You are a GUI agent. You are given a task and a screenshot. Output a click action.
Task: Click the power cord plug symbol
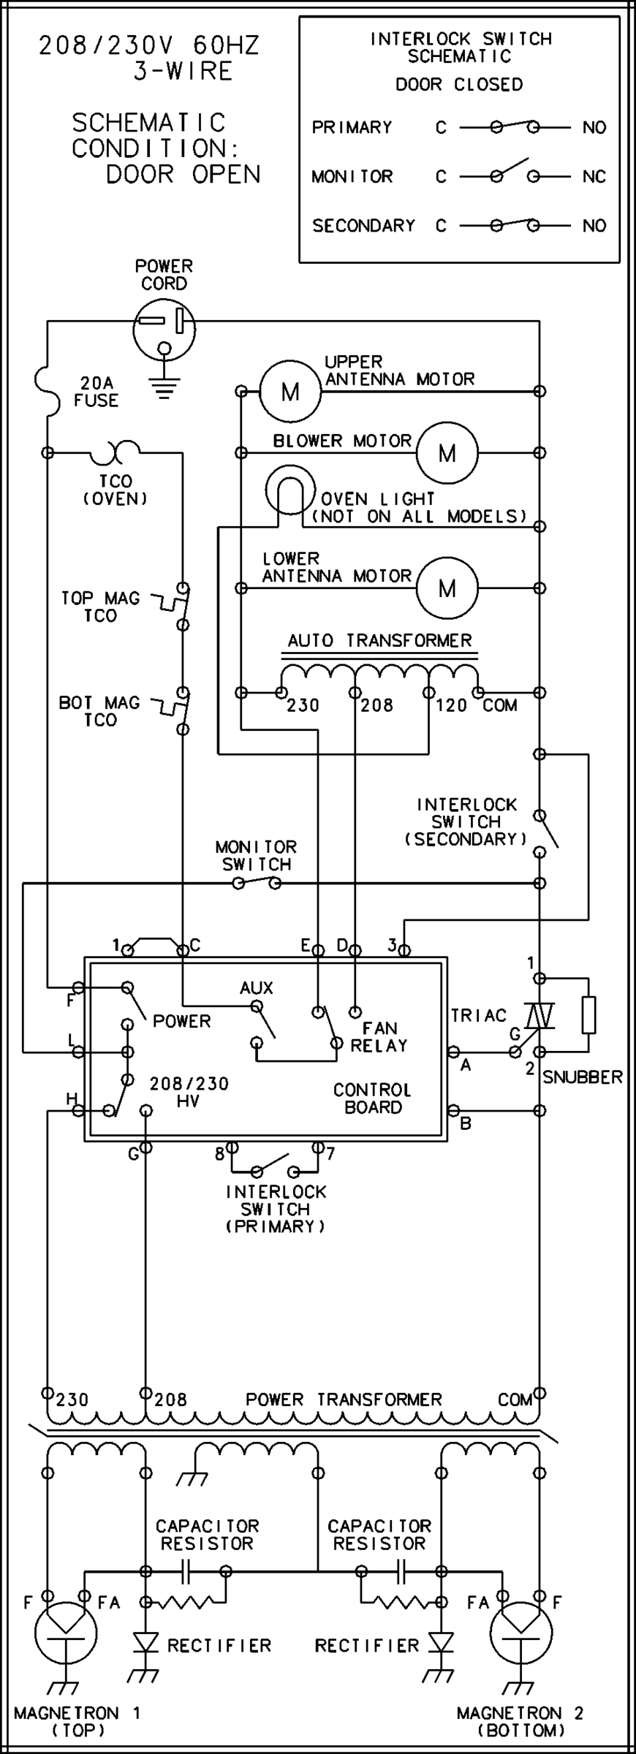[x=164, y=330]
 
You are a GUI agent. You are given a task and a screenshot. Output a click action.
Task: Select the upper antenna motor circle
[x=290, y=392]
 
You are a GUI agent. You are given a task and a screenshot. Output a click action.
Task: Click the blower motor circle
[x=447, y=453]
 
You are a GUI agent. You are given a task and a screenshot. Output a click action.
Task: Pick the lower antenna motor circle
[x=447, y=588]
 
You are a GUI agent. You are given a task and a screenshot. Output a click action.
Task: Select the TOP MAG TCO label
[x=100, y=607]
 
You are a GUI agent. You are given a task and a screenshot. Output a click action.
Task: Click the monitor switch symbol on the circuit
[x=257, y=884]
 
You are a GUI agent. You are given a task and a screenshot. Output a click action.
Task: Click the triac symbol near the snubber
[x=539, y=1016]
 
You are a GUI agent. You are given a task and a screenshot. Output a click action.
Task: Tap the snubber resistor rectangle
[x=589, y=1014]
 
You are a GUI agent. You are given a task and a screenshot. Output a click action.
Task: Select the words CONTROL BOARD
[x=373, y=1098]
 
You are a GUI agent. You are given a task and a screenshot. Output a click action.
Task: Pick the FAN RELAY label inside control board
[x=378, y=1037]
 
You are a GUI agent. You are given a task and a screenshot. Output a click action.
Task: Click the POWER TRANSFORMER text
[x=344, y=1400]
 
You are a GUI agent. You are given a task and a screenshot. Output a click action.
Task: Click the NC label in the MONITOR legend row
[x=594, y=177]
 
